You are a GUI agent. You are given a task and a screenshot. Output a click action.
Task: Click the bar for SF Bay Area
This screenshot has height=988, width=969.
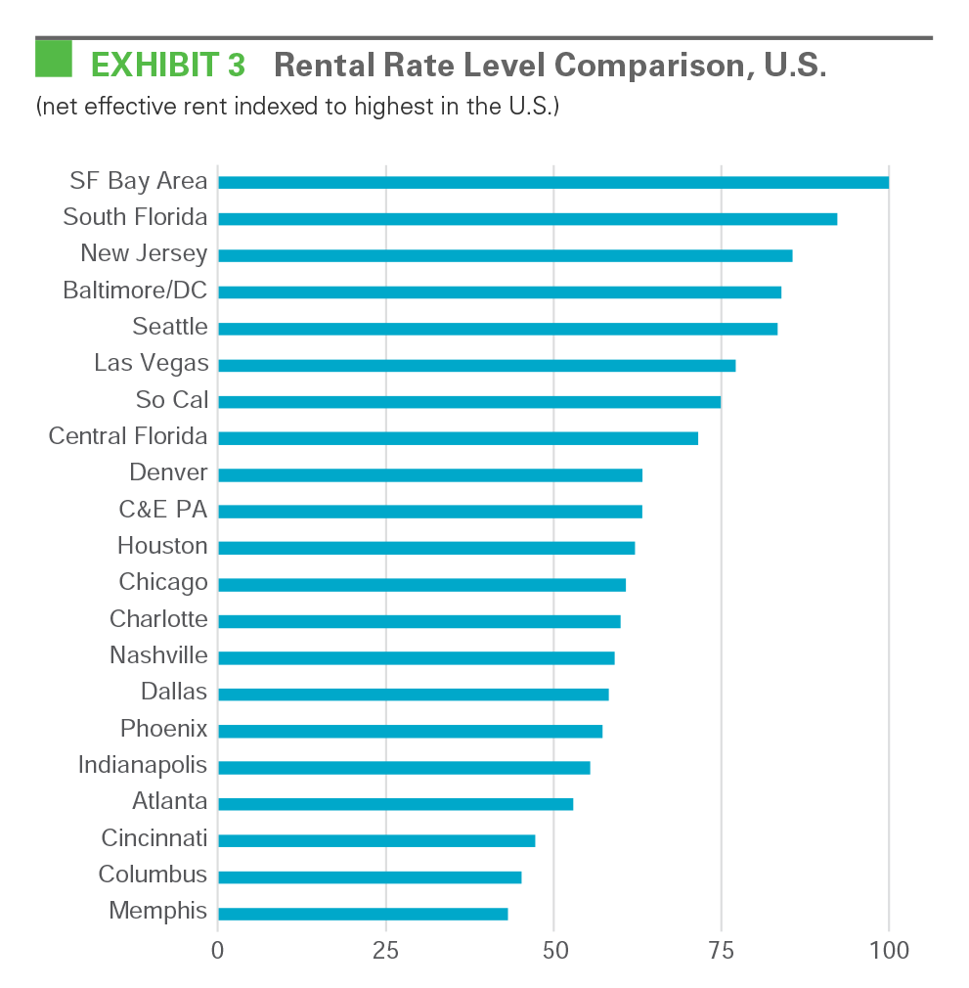point(552,182)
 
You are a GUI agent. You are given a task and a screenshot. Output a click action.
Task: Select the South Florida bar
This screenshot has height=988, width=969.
point(527,219)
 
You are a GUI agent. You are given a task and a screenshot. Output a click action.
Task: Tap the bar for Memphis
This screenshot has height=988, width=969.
point(363,914)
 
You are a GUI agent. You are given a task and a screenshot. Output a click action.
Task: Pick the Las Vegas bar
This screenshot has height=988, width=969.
point(476,365)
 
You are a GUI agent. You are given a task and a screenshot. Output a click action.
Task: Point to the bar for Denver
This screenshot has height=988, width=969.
point(430,475)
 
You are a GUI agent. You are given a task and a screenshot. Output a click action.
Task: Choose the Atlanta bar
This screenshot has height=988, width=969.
point(395,804)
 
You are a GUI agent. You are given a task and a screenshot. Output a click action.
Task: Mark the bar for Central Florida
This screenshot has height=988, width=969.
point(458,438)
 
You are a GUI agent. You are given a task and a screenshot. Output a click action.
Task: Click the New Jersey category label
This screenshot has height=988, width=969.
point(144,253)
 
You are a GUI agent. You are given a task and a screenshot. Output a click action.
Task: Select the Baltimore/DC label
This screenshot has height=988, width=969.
point(135,291)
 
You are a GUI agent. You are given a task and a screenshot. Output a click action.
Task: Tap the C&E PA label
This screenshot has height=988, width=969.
point(162,510)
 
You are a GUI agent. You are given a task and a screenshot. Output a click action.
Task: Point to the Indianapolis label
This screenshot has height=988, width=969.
point(143,765)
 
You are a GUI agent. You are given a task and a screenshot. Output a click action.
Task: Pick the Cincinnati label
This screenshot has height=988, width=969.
point(154,838)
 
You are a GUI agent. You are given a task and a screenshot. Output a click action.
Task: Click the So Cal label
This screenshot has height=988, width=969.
point(172,400)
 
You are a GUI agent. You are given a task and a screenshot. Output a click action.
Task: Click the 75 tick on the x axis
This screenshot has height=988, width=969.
point(722,950)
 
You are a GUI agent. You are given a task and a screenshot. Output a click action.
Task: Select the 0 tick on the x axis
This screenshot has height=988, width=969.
point(218,950)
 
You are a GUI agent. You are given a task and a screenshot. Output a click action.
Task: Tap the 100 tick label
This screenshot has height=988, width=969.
point(889,950)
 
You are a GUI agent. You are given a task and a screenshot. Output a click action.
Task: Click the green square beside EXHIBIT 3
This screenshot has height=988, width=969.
point(54,58)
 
